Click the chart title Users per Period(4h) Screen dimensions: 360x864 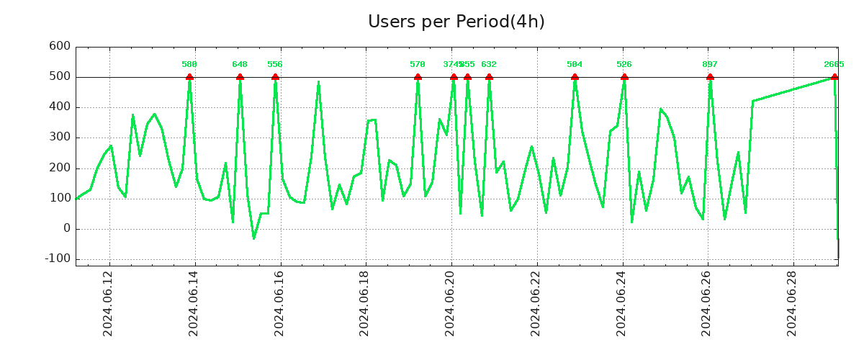pos(456,22)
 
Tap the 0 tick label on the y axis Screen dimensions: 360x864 pos(66,228)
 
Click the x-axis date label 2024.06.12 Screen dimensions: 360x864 pos(109,303)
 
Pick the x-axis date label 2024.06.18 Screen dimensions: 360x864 pos(365,303)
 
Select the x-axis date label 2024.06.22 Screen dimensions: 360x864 pos(536,303)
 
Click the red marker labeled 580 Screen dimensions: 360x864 pos(189,77)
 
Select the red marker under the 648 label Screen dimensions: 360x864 pos(240,77)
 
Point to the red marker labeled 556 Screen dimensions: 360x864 pos(275,77)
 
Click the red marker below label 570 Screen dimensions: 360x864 pos(418,77)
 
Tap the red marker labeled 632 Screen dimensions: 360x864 pos(489,77)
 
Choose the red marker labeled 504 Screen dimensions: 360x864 pos(575,77)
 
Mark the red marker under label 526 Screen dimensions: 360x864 pos(624,77)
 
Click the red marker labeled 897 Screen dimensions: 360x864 pos(710,77)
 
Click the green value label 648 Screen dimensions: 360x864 pos(240,65)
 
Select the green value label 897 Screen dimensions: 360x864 pos(710,65)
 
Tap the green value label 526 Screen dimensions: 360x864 pos(624,65)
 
